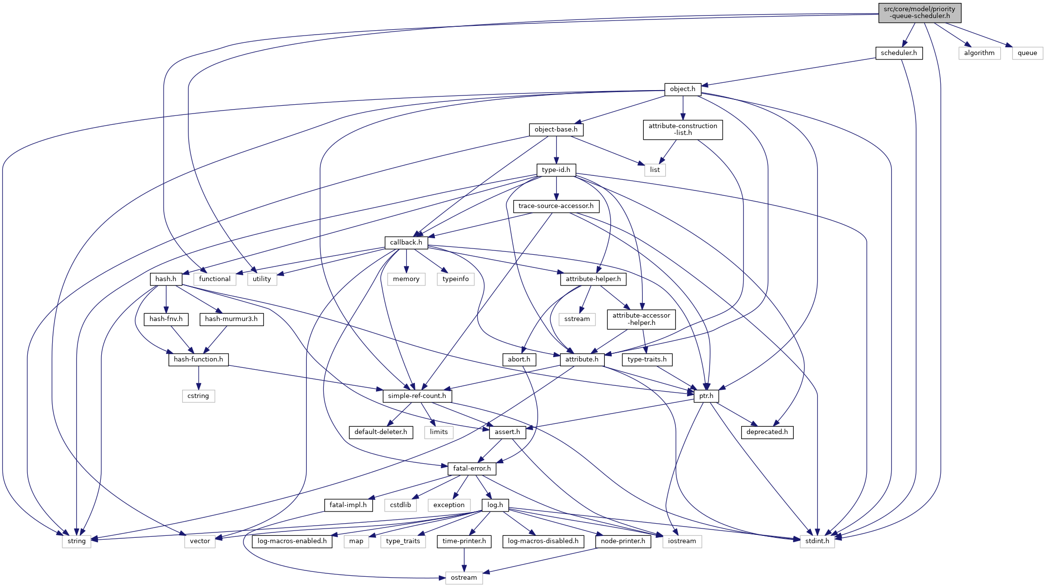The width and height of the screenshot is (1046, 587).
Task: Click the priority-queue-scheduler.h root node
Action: pyautogui.click(x=919, y=13)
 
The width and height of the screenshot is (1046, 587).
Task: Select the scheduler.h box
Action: pyautogui.click(x=898, y=53)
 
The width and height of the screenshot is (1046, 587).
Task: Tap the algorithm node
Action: pyautogui.click(x=979, y=53)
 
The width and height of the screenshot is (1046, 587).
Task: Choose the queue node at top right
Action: pyautogui.click(x=1027, y=53)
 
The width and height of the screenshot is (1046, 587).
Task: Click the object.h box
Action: pyautogui.click(x=682, y=89)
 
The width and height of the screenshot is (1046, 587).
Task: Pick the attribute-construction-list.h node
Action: pyautogui.click(x=682, y=130)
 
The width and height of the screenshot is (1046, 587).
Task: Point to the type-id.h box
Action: pyautogui.click(x=556, y=170)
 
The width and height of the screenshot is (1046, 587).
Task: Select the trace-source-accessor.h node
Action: pyautogui.click(x=556, y=206)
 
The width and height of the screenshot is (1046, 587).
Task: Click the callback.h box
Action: pyautogui.click(x=406, y=243)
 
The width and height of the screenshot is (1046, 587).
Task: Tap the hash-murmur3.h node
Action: pyautogui.click(x=231, y=319)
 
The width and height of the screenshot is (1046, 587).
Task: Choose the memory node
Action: pyautogui.click(x=406, y=279)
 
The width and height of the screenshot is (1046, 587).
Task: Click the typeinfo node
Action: pyautogui.click(x=455, y=279)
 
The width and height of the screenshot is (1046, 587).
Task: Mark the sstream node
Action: pyautogui.click(x=577, y=319)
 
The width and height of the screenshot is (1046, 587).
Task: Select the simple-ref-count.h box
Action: pyautogui.click(x=417, y=396)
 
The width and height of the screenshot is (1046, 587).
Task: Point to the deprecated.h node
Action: pyautogui.click(x=766, y=432)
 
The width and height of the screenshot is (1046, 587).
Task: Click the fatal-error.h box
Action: pyautogui.click(x=471, y=469)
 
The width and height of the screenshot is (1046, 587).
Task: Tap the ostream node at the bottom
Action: pyautogui.click(x=464, y=578)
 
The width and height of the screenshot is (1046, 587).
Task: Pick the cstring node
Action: pyautogui.click(x=198, y=396)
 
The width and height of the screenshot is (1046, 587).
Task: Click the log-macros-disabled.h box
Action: pyautogui.click(x=543, y=541)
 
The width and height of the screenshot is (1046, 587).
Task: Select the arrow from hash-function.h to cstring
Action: pyautogui.click(x=198, y=378)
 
